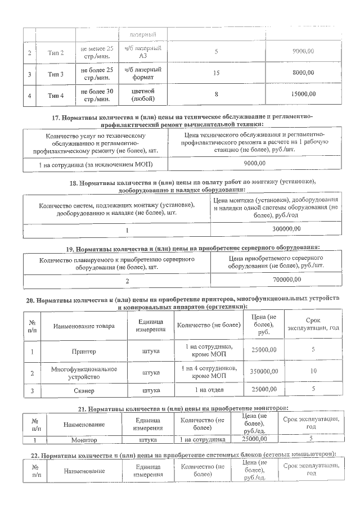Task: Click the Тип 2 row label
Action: [56, 53]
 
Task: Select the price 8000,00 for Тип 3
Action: [304, 73]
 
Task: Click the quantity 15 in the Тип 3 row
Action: [217, 73]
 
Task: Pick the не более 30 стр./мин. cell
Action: [97, 94]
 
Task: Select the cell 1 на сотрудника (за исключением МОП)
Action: [96, 163]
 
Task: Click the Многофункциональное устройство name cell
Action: [84, 372]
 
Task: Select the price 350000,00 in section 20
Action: [265, 372]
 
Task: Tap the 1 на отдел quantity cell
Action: [209, 389]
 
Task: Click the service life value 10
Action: [313, 372]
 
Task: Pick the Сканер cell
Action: [84, 389]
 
